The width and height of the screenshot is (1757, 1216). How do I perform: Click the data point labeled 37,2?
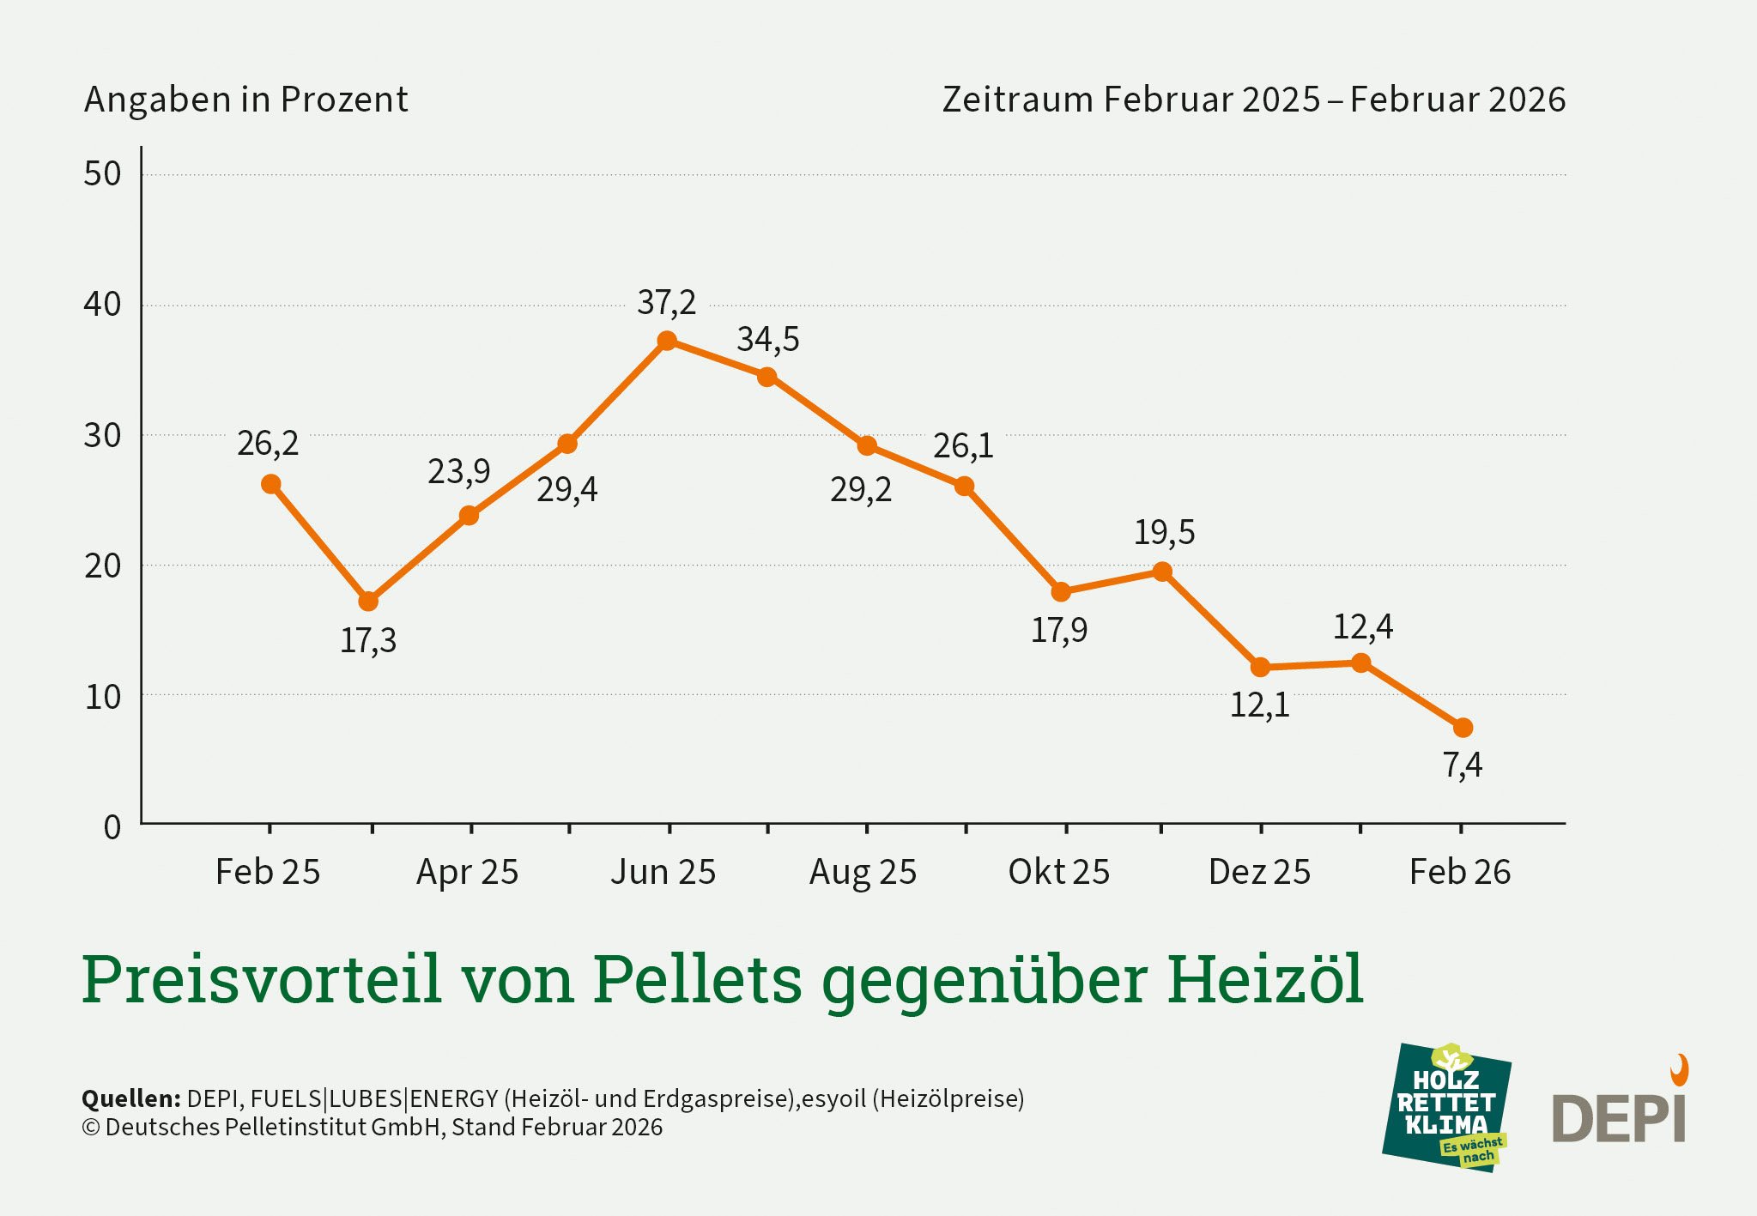point(667,341)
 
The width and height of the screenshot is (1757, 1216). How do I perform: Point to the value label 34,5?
point(767,340)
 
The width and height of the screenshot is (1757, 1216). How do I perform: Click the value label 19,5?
point(1164,533)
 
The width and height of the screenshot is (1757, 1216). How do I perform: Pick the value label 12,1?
point(1259,705)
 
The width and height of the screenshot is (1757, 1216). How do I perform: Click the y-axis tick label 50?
point(102,174)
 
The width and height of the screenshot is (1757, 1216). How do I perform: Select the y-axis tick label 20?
point(102,566)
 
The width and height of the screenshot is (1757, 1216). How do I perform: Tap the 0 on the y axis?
point(112,827)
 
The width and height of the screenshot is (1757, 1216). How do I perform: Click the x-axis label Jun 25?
point(663,872)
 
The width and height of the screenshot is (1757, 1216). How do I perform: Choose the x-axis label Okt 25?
point(1058,872)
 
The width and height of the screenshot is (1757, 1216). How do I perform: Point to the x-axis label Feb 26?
point(1459,872)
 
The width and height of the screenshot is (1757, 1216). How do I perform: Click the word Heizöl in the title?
point(1264,978)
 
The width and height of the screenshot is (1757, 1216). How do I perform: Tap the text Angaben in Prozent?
point(245,100)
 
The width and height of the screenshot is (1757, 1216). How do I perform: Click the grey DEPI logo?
point(1618,1117)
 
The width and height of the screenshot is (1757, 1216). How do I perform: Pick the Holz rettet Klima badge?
point(1446,1107)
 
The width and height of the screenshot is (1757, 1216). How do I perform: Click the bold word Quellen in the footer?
point(130,1098)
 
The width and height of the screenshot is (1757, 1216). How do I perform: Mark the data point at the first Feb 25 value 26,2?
point(270,484)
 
